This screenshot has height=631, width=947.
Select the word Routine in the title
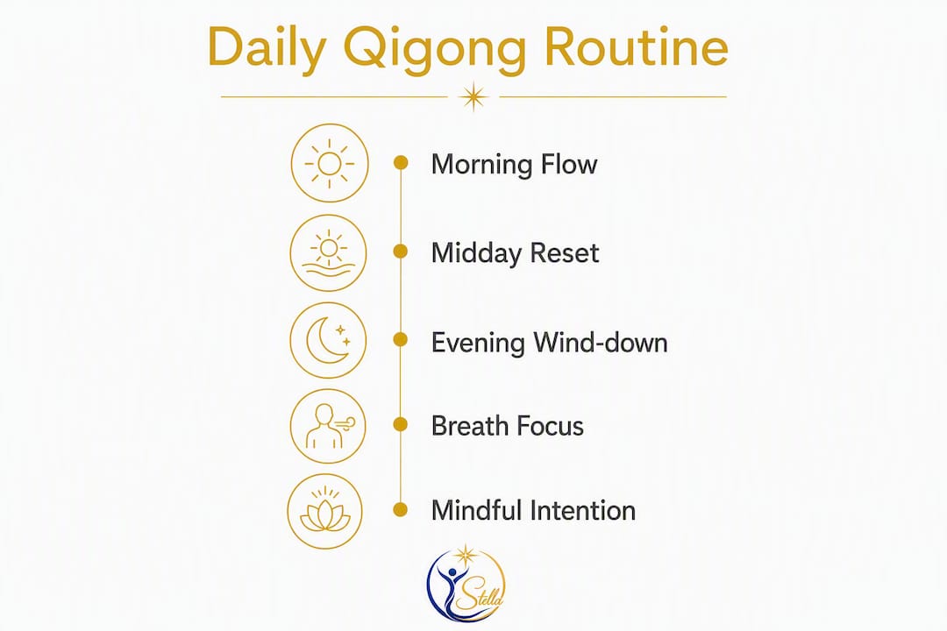636,46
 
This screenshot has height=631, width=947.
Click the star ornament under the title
473,96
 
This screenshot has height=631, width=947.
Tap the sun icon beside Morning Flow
329,163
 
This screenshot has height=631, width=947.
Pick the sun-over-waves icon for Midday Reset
328,252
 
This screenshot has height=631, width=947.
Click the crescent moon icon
328,340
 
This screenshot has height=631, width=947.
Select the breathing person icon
328,426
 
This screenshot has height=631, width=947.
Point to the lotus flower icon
325,511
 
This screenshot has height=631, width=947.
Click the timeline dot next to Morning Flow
401,162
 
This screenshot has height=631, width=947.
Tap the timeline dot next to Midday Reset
401,252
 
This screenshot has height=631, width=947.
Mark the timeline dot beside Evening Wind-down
401,339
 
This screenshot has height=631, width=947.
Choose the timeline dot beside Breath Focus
401,424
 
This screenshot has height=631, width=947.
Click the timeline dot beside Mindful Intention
400,510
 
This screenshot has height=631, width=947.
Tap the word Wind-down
601,343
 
